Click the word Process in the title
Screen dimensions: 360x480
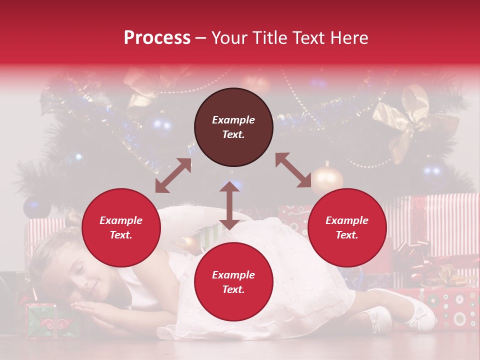(x=157, y=38)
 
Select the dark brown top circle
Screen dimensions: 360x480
(x=233, y=127)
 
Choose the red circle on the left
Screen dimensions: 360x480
(x=121, y=227)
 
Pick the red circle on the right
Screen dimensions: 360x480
(x=347, y=227)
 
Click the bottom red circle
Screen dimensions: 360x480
(x=233, y=282)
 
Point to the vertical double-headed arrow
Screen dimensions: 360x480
(x=229, y=205)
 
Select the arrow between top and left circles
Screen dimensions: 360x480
(x=173, y=175)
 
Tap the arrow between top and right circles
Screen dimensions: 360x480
(x=293, y=170)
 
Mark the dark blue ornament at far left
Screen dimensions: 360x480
(x=36, y=206)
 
